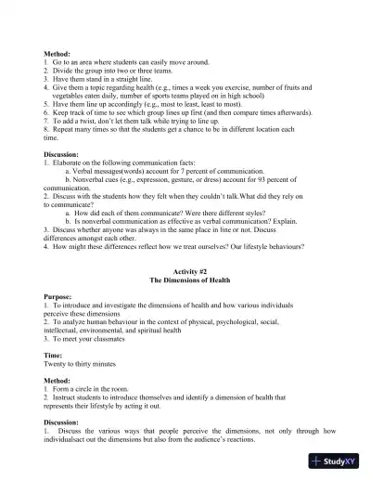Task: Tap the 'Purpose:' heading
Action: (x=60, y=296)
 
